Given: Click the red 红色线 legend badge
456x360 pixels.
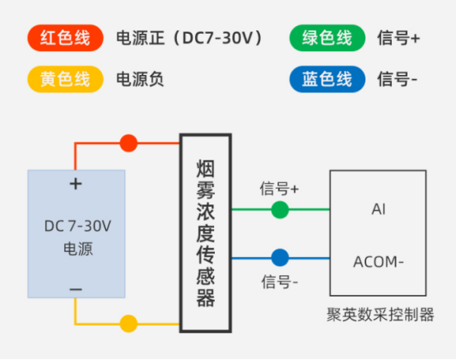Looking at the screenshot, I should click(65, 38).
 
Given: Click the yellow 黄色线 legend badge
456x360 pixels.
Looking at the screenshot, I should click(65, 79).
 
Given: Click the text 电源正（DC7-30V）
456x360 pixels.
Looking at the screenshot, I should click(190, 38).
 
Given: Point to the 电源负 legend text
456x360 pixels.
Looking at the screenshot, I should click(140, 79).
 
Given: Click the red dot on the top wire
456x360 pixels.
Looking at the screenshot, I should click(128, 143).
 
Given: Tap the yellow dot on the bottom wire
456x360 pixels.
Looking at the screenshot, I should click(128, 324).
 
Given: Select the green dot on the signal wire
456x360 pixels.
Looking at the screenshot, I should click(281, 209).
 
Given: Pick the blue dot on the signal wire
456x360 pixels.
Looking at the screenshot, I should click(281, 257).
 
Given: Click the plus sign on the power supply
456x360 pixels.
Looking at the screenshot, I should click(76, 184).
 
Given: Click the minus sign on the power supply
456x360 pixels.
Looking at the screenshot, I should click(76, 288).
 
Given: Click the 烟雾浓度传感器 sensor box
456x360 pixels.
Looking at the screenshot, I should click(205, 234).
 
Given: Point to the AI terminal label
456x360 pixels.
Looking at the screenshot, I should click(378, 209).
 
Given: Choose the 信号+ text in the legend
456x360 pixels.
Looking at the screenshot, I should click(398, 38).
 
